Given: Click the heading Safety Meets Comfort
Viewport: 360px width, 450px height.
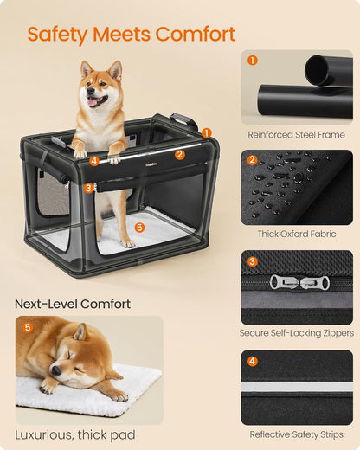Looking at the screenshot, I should [132, 35].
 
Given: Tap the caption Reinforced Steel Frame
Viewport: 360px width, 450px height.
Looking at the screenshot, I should [296, 134].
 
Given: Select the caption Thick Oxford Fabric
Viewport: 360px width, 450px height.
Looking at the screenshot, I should [296, 234].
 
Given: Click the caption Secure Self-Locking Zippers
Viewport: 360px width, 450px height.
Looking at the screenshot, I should [296, 333].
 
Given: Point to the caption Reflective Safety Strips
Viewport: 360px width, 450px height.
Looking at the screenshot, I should [296, 434].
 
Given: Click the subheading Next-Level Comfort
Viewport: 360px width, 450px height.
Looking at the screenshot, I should [73, 304].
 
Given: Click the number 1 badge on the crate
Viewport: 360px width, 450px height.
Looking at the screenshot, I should [206, 132].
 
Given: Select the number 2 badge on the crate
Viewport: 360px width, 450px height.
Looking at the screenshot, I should [180, 155].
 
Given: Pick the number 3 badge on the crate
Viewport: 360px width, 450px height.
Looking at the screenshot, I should [89, 188].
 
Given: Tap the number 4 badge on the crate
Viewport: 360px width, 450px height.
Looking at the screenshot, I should [93, 161].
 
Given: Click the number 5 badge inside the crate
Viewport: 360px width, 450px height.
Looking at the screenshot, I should [140, 228].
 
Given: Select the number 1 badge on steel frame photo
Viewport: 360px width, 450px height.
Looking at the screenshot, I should [253, 61].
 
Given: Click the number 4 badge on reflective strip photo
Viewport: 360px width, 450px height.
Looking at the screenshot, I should [253, 361].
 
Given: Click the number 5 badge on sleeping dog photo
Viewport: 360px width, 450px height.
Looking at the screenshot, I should [27, 327].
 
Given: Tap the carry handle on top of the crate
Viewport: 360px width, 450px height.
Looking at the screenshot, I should [184, 119].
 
